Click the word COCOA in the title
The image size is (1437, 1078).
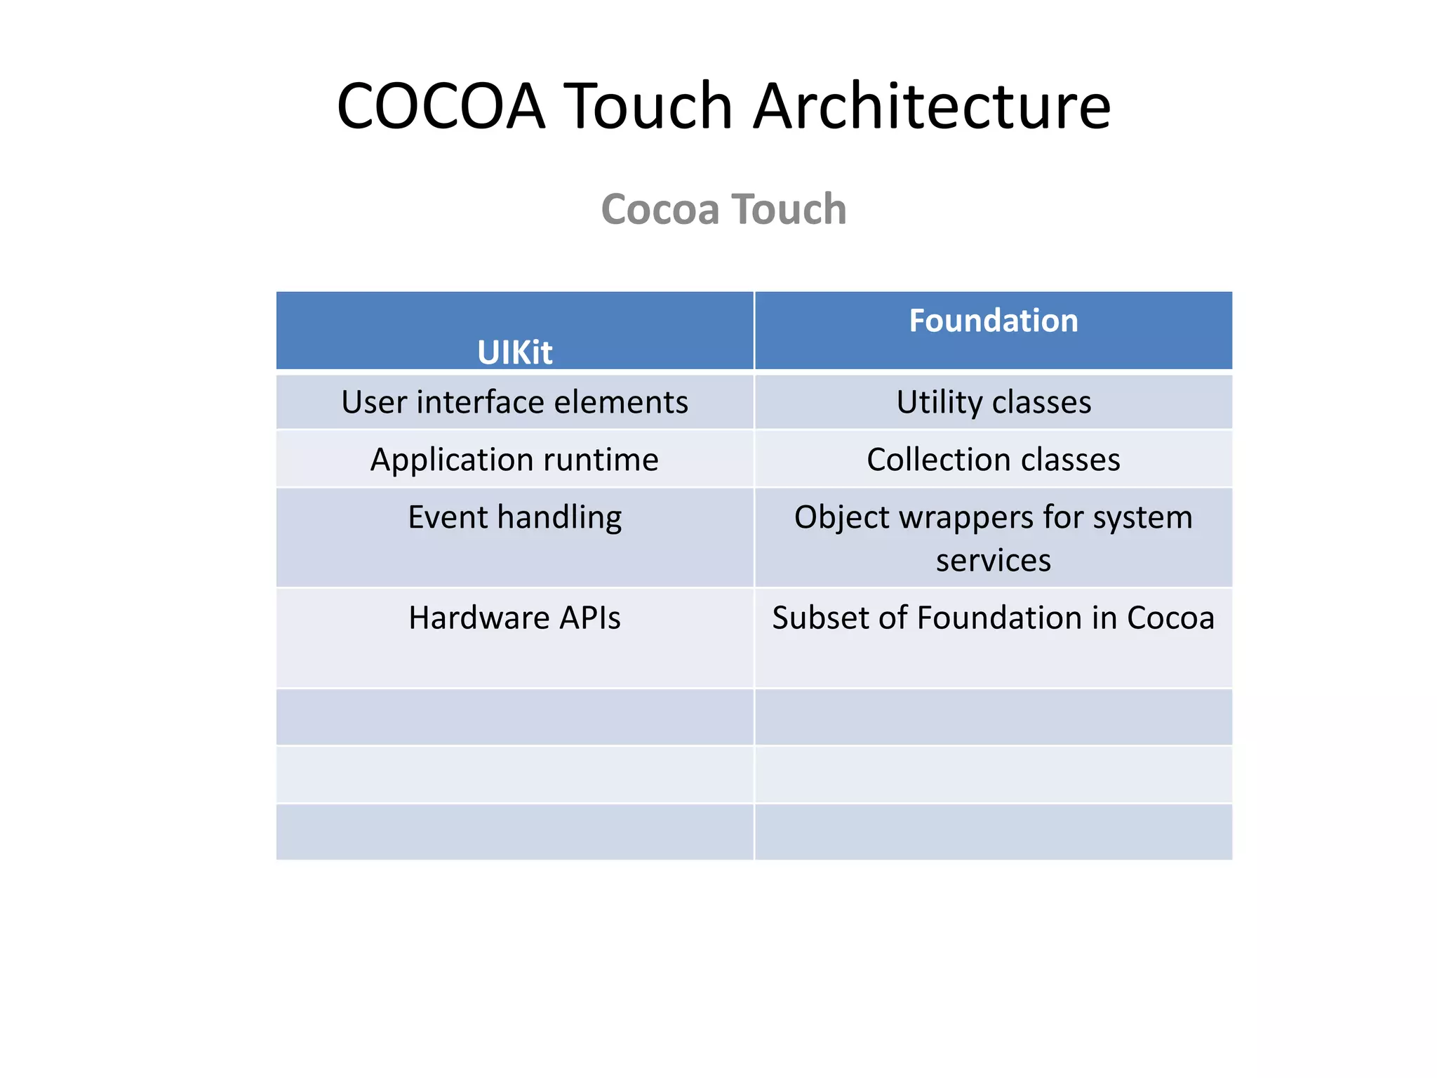441,107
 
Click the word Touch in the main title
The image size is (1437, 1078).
648,107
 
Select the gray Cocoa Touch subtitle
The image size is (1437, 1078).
723,209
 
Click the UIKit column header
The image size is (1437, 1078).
514,352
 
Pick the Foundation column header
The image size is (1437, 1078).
993,321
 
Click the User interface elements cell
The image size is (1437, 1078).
514,402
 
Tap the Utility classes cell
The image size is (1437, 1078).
993,402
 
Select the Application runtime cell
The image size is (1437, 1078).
514,460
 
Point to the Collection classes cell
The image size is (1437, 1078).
993,460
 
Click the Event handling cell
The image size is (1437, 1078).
514,517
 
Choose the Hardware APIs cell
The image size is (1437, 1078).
514,618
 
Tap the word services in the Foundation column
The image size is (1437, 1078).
993,560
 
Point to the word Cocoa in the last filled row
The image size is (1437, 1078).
1170,618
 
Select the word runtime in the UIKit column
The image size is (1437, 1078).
601,460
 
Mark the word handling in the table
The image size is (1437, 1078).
559,518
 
